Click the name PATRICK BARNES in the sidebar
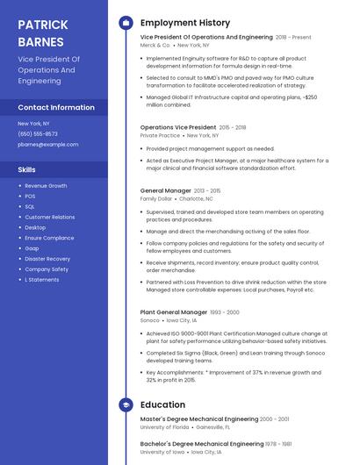[41, 32]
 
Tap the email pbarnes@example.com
[48, 144]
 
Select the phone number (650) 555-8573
[38, 133]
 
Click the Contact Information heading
[56, 107]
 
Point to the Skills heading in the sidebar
[27, 168]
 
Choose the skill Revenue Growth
[46, 186]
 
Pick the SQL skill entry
[30, 206]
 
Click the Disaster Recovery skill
[47, 259]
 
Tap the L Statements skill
[42, 280]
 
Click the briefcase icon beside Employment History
[125, 23]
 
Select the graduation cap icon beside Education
[125, 404]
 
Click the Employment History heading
[185, 23]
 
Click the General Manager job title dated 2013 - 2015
[165, 190]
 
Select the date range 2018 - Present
[293, 38]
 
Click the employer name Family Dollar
[156, 199]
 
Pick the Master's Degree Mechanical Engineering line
[199, 419]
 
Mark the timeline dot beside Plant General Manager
[125, 312]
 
